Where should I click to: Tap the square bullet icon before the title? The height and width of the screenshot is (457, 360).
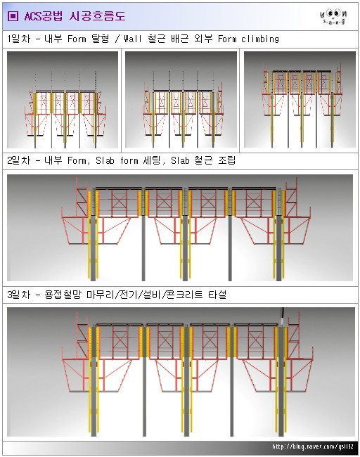(13, 15)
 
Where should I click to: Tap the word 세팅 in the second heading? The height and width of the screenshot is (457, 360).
(169, 161)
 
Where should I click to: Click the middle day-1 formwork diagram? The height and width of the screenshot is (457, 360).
(181, 100)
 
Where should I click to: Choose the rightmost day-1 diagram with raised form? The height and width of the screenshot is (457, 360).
(298, 100)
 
